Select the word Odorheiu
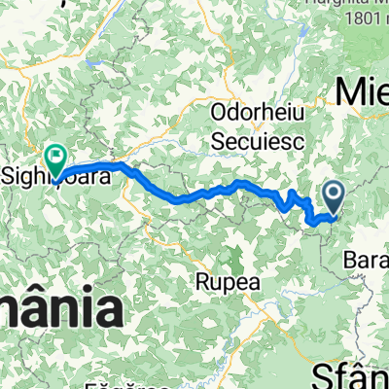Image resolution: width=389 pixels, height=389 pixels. (258, 115)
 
